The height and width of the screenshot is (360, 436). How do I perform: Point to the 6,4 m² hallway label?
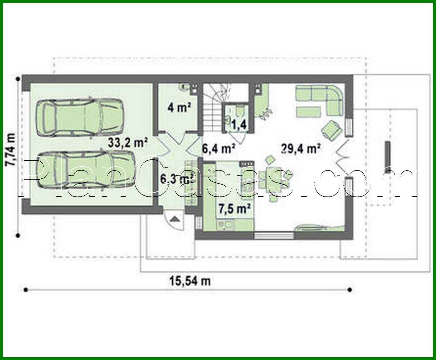[x=219, y=149]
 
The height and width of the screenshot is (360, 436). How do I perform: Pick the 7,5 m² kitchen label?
[x=235, y=209]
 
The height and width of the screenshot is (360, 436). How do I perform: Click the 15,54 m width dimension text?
[x=190, y=281]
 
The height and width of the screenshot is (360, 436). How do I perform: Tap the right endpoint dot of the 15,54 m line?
[x=350, y=290]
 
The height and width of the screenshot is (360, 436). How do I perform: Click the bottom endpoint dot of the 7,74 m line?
[x=18, y=235]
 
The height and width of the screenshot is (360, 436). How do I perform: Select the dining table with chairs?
[x=274, y=179]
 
